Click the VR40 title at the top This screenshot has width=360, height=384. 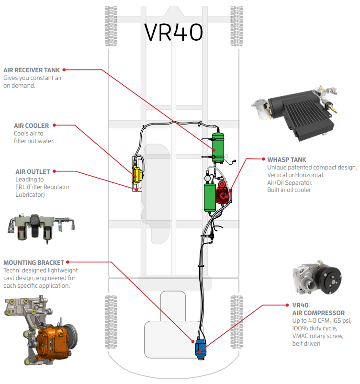click(173, 32)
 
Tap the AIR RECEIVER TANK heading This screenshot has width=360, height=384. click(32, 70)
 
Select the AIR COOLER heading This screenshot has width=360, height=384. click(31, 126)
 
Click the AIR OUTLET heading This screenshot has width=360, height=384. click(33, 171)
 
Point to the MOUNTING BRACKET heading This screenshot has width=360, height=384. click(34, 262)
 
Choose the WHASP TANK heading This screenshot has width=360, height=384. click(287, 159)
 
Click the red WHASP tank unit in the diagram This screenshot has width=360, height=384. click(223, 192)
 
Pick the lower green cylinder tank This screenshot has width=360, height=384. click(210, 197)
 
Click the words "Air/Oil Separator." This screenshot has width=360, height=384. click(290, 182)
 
